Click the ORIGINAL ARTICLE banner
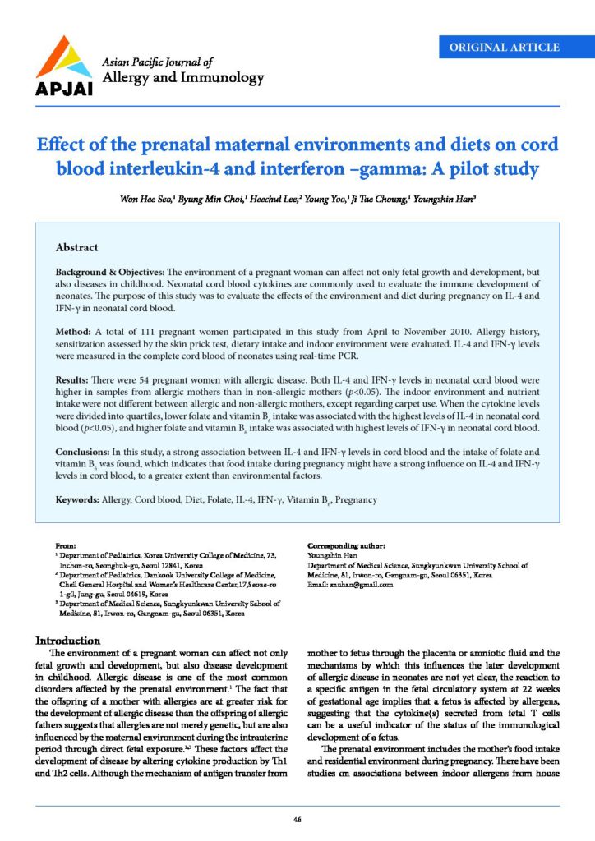(505, 48)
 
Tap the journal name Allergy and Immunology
(182, 78)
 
